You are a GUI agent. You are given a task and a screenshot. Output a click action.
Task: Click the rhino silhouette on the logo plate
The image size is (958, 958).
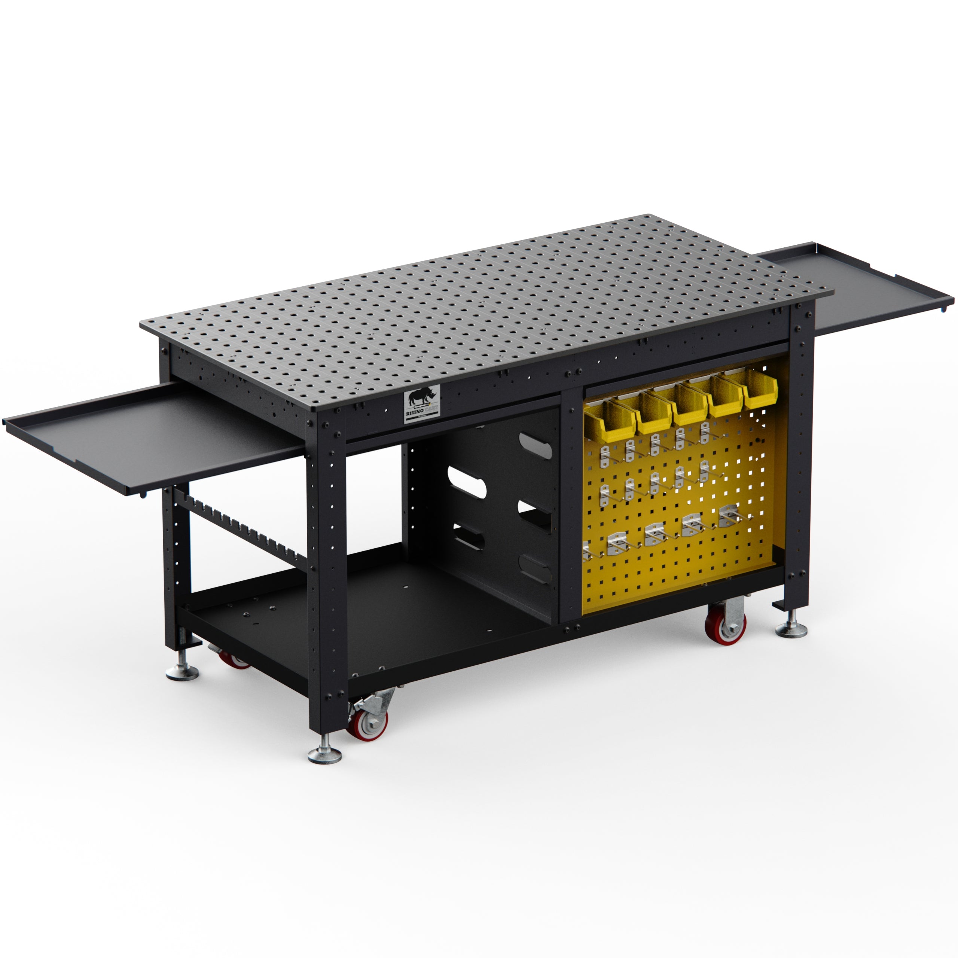click(422, 396)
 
